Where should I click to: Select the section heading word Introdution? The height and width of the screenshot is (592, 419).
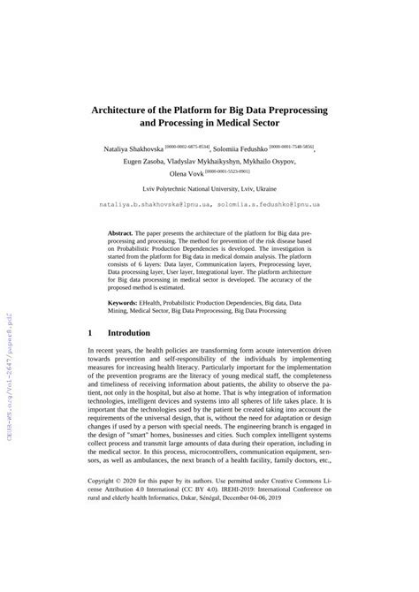pyautogui.click(x=134, y=333)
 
